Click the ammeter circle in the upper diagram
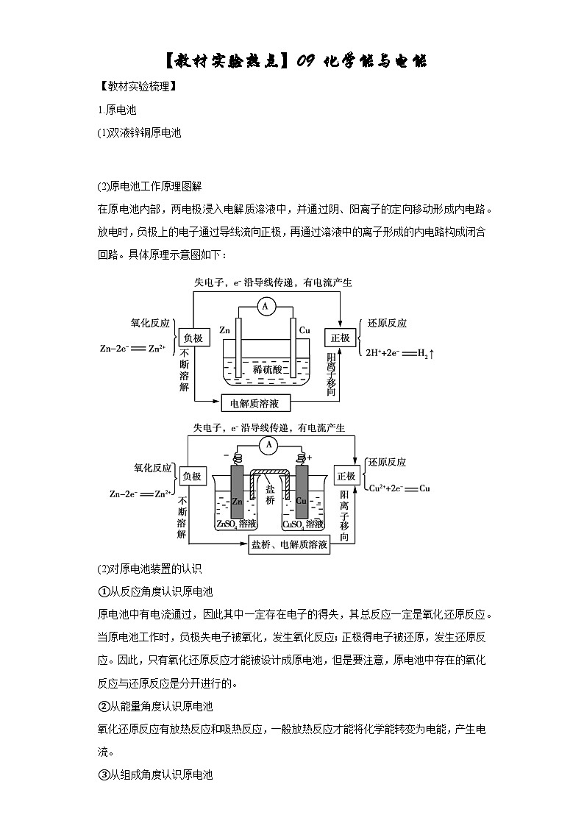[x=266, y=308]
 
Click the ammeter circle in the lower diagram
[x=269, y=444]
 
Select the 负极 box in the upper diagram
[x=193, y=338]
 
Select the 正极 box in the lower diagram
[x=346, y=476]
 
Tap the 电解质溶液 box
[x=256, y=403]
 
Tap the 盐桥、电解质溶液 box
[x=288, y=545]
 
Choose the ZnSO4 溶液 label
[x=236, y=524]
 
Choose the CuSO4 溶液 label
[x=302, y=524]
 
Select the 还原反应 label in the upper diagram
[x=387, y=323]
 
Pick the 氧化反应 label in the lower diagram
[x=152, y=467]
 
